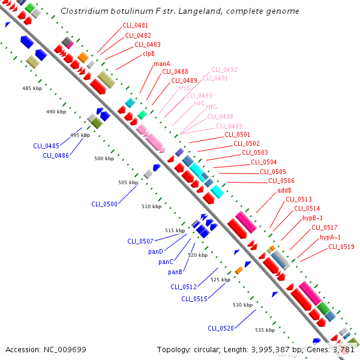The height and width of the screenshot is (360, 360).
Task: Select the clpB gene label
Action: pyautogui.click(x=148, y=53)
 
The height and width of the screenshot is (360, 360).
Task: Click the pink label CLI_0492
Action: pyautogui.click(x=224, y=70)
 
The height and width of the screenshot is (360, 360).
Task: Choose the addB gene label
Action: pyautogui.click(x=284, y=190)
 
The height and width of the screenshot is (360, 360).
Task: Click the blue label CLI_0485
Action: pyautogui.click(x=46, y=146)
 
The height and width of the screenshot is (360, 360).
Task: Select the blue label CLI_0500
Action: pyautogui.click(x=104, y=204)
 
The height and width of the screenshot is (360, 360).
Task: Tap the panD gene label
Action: pyautogui.click(x=155, y=251)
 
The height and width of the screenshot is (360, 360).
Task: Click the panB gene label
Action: pyautogui.click(x=175, y=272)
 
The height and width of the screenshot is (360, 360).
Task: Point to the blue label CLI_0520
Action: pyautogui.click(x=221, y=328)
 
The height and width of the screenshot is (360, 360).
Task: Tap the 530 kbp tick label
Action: pyautogui.click(x=243, y=305)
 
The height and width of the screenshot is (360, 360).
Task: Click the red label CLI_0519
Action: pyautogui.click(x=341, y=247)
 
